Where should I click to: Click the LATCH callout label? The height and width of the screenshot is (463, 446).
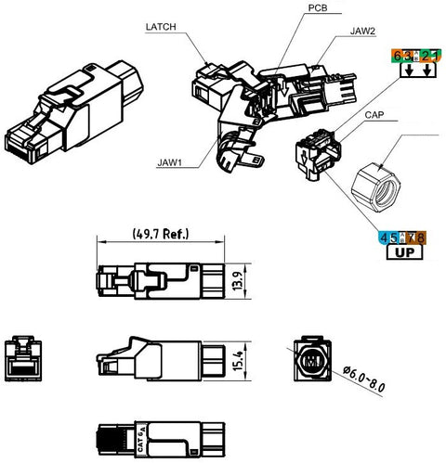pos(161,27)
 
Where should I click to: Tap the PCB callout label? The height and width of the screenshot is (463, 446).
pos(318,7)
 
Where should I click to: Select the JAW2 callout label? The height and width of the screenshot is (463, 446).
pos(362,31)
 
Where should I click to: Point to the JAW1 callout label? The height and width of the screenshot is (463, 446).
pos(169,162)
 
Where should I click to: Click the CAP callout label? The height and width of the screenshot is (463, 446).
pos(374,115)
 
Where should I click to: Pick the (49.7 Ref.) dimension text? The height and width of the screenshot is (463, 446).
pos(161,234)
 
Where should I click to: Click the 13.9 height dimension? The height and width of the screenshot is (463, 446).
pos(238,281)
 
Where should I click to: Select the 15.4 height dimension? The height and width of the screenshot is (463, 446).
pos(238,361)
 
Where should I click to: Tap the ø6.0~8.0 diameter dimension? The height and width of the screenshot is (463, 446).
pos(364,379)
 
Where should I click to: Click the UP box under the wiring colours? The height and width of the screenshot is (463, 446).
pos(404,252)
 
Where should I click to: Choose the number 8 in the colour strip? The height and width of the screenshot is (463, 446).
pos(420,238)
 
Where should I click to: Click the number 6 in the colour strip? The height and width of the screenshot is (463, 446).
pos(397,57)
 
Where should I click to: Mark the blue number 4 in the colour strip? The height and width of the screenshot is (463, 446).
pos(384,238)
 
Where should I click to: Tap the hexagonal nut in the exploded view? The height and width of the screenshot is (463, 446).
pos(375,188)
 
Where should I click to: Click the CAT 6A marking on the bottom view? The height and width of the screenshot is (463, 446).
pos(141,438)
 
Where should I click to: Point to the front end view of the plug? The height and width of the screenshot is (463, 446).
pos(23,358)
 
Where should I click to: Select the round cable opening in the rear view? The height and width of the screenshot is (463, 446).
pos(312,361)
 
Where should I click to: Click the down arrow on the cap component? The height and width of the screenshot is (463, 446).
pos(305,158)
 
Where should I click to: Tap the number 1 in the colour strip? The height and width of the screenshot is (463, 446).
pos(436,57)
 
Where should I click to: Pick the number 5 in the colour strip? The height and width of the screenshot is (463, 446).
pos(393,238)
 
